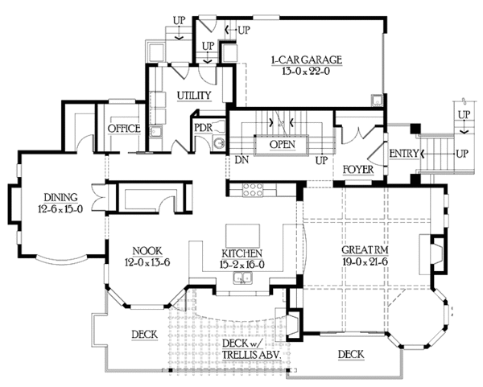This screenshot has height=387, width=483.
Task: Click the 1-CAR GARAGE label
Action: pos(307,60)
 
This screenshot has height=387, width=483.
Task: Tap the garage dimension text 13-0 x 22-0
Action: pos(306,72)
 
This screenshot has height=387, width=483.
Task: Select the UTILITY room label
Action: pos(194,96)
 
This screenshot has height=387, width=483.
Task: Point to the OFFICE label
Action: pos(124,129)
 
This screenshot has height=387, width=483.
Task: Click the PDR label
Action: pos(204,128)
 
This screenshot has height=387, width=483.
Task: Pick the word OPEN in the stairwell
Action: pos(283,144)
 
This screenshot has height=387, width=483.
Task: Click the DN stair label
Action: pos(242,160)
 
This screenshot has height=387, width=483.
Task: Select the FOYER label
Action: pos(358,169)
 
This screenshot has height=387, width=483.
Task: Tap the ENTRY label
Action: pos(404,153)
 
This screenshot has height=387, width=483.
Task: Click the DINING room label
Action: pos(60,197)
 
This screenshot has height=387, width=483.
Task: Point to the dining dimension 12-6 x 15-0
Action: pos(60,209)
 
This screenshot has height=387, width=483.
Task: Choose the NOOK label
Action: pos(147,251)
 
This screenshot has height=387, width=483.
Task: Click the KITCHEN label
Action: pos(242,253)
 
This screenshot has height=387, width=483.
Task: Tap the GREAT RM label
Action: pos(365,250)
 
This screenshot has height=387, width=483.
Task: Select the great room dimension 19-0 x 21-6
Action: pos(365,262)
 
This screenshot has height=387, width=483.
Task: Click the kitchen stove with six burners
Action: pos(253,190)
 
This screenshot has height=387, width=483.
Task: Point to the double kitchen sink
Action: pos(242,278)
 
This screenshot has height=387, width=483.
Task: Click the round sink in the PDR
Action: pos(220,143)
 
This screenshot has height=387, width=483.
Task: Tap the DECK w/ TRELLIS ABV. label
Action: pos(251,349)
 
